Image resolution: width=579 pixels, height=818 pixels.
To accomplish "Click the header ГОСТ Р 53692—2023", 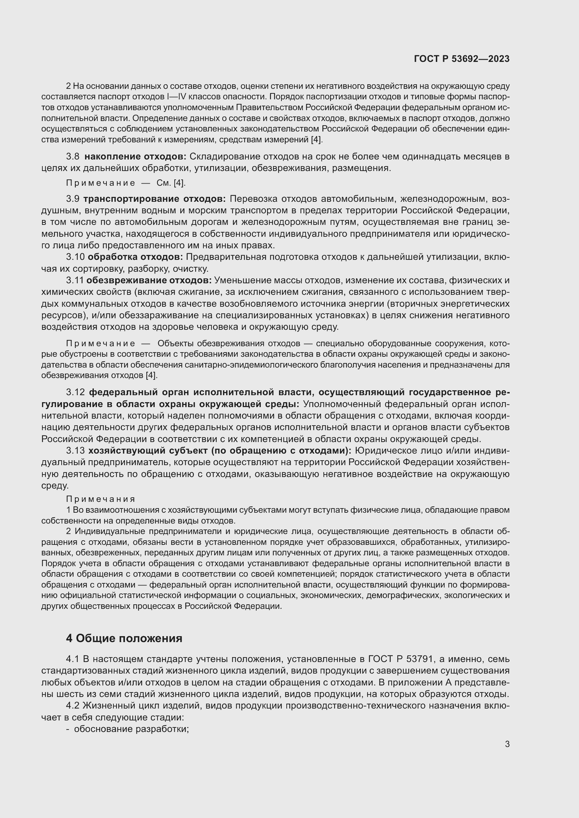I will point(461,59).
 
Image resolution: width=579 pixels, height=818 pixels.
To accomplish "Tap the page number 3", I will point(507,744).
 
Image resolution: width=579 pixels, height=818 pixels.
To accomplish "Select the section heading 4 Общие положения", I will point(124,638).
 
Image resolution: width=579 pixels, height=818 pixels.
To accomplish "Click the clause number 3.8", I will point(73,156).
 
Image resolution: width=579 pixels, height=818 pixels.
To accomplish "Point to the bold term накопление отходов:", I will point(135,156).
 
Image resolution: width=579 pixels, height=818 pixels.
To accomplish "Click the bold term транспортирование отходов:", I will point(154,198).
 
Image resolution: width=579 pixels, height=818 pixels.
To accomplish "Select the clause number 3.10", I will point(75,257).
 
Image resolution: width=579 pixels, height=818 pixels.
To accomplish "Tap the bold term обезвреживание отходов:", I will point(149,280).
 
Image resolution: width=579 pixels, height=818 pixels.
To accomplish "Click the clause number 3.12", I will point(75,392).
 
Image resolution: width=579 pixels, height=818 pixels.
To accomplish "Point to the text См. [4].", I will point(171,183).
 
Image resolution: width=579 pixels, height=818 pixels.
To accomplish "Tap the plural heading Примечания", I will point(100,499).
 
